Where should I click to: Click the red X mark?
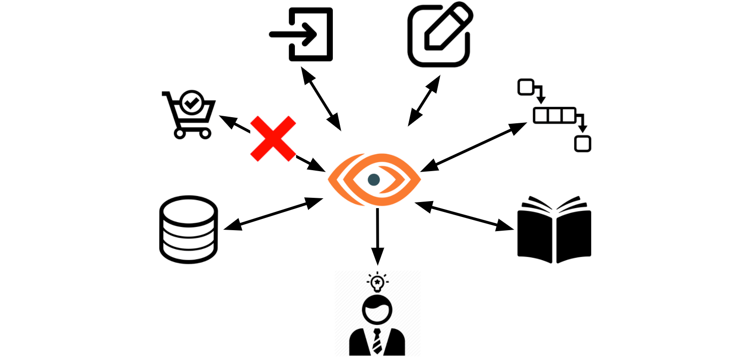tap(273, 139)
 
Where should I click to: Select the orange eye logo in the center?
tap(374, 180)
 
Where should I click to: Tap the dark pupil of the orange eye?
tap(374, 180)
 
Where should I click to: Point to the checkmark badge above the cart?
tap(192, 101)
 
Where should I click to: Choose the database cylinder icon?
tap(188, 229)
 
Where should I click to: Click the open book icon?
tap(554, 230)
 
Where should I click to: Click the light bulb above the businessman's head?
tap(377, 282)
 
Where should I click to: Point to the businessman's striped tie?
tap(377, 341)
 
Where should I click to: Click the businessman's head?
tap(377, 310)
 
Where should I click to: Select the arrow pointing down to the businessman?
tap(377, 237)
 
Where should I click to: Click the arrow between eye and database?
tap(273, 214)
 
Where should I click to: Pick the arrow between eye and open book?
tap(464, 216)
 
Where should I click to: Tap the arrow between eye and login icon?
tap(321, 98)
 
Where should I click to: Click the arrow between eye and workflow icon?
tap(473, 147)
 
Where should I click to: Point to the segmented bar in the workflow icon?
tap(555, 115)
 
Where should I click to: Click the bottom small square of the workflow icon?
tap(583, 143)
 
